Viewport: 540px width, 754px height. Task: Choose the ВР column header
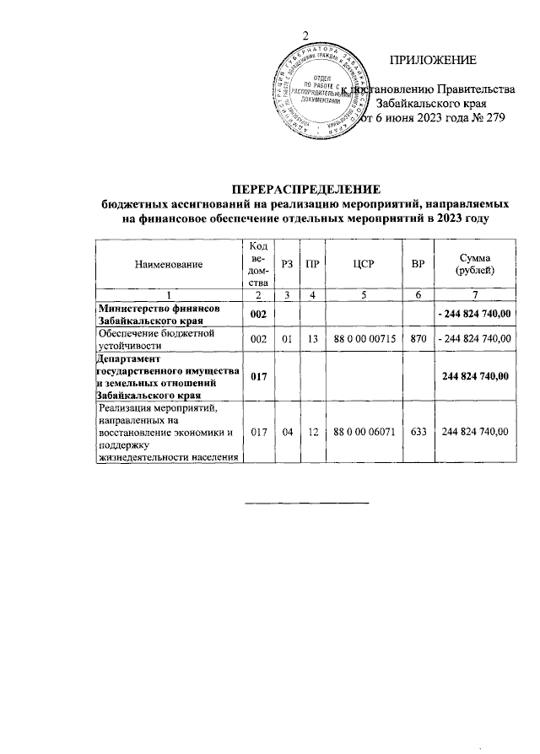(417, 265)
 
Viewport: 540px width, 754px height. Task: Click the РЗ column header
(288, 265)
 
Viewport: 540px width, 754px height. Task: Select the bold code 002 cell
(258, 314)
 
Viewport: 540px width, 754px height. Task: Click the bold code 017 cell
(258, 376)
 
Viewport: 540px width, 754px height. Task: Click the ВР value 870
(417, 338)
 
